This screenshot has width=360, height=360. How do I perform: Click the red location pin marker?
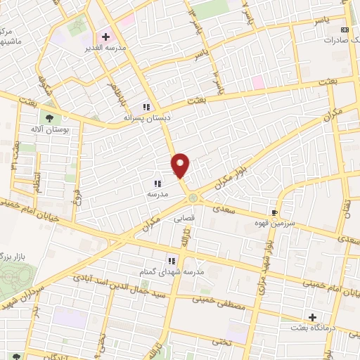coord(181,165)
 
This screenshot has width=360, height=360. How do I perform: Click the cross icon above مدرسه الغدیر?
coord(105,36)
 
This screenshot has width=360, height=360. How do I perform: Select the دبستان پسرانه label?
coord(143,117)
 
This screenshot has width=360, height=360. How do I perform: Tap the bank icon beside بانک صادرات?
coord(345,30)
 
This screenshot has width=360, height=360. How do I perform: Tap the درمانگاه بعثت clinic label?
coord(311,328)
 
